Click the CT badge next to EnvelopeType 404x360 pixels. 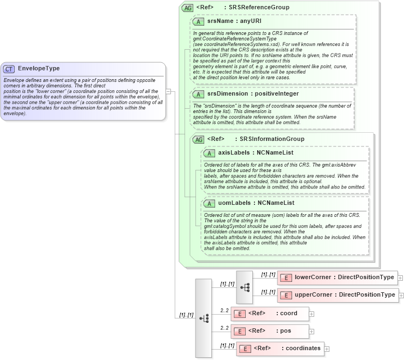pyautogui.click(x=9, y=69)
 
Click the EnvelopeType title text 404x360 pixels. pyautogui.click(x=39, y=69)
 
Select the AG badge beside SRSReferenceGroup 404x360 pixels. pyautogui.click(x=188, y=8)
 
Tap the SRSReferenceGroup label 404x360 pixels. pyautogui.click(x=259, y=8)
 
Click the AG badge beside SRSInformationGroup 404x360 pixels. pyautogui.click(x=199, y=139)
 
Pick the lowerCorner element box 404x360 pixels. pyautogui.click(x=337, y=278)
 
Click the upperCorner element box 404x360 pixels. pyautogui.click(x=337, y=295)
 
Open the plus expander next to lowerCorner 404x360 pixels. pyautogui.click(x=400, y=278)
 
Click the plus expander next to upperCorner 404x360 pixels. pyautogui.click(x=401, y=296)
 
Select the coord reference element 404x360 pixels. pyautogui.click(x=270, y=314)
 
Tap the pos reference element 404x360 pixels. pyautogui.click(x=270, y=331)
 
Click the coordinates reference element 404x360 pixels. pyautogui.click(x=280, y=349)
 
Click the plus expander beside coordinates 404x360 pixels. pyautogui.click(x=327, y=349)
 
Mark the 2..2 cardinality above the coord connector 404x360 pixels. pyautogui.click(x=224, y=310)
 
